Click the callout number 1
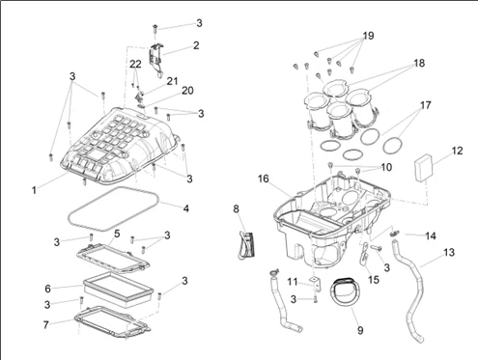[x=34, y=190]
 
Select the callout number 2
[x=196, y=45]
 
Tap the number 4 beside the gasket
[x=186, y=208]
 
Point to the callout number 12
[x=457, y=151]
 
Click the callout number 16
[x=263, y=179]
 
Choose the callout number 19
[x=369, y=36]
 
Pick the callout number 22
[x=135, y=64]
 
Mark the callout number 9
[x=360, y=330]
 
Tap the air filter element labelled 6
[x=118, y=290]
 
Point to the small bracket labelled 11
[x=316, y=283]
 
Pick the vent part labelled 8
[x=246, y=245]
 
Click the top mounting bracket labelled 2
[x=156, y=60]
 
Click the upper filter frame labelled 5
[x=113, y=258]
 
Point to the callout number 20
[x=187, y=91]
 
